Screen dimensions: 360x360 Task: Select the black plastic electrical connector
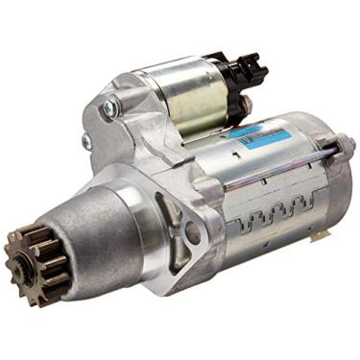tap(245, 68)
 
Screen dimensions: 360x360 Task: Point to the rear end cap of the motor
tap(331, 182)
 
